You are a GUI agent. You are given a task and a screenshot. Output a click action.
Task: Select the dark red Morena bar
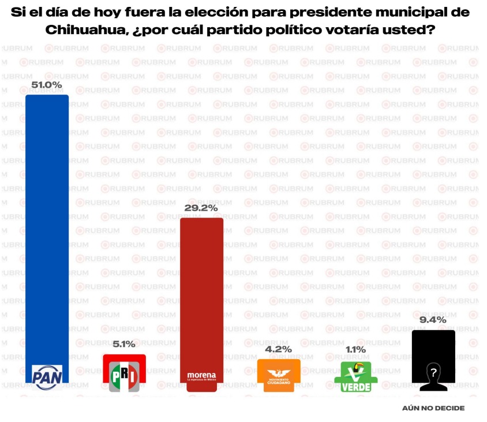coord(201,289)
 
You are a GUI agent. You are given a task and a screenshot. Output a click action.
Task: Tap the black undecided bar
coord(433,346)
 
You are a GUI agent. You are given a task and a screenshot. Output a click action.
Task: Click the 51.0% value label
coord(47,85)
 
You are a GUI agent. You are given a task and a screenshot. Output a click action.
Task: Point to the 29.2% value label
coord(201,208)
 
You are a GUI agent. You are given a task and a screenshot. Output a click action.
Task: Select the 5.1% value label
coord(124,344)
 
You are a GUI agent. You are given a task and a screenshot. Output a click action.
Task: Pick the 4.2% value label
coord(279,349)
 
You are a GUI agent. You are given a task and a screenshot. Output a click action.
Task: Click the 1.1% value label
coord(355,350)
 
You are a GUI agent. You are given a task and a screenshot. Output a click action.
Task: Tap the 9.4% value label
coord(433,320)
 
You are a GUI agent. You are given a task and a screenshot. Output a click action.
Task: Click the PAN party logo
coord(48,377)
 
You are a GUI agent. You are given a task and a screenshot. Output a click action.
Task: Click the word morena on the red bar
coord(201,375)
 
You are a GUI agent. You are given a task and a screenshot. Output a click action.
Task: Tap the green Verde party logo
coord(356,377)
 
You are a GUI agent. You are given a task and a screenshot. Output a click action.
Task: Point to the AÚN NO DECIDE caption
coord(433,408)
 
